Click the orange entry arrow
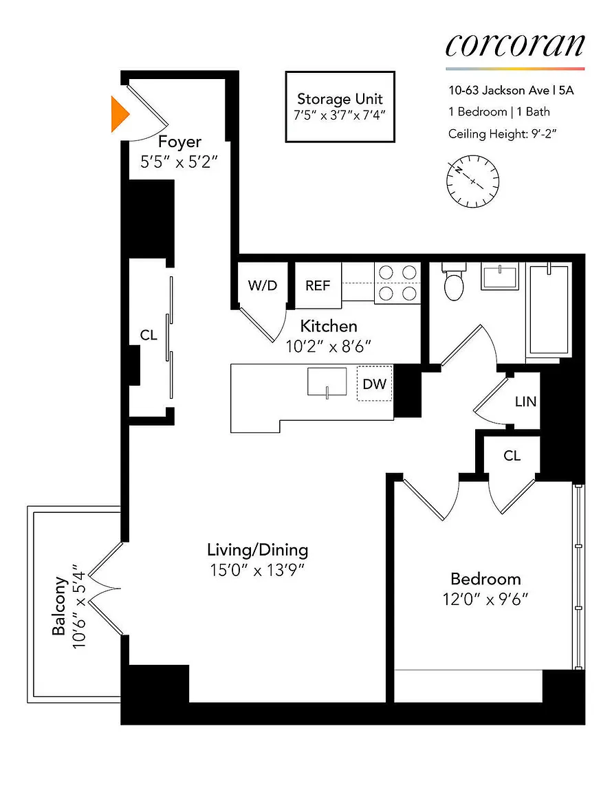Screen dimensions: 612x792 pos(119,114)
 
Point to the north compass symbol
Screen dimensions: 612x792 pos(472,181)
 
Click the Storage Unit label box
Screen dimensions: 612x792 pos(340,107)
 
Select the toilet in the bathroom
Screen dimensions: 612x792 pos(454,281)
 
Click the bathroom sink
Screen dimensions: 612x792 pos(500,276)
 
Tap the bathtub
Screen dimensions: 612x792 pos(549,310)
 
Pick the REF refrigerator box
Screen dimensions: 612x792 pos(318,285)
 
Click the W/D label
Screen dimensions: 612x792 pos(262,285)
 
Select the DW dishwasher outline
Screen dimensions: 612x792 pos(375,384)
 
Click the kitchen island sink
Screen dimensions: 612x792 pos(327,382)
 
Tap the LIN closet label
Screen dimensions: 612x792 pos(525,401)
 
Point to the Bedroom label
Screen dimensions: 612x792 pos(485,579)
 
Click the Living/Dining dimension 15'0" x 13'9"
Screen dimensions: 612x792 pos(257,570)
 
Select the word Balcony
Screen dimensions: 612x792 pos(59,606)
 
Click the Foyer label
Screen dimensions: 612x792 pos(179,142)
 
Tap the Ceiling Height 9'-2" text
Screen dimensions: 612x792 pos(503,134)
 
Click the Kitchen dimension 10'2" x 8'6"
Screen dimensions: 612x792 pos(329,346)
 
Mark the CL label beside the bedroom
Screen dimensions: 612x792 pos(512,456)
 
